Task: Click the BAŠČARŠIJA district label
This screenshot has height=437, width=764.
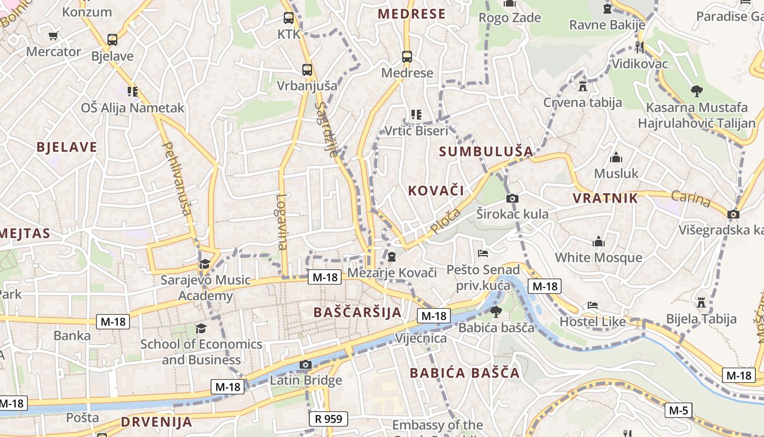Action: tap(357, 312)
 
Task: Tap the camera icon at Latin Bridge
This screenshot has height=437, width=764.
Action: tap(306, 365)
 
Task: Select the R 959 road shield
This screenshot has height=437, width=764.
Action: tap(329, 419)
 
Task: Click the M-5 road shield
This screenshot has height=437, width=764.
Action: tap(678, 410)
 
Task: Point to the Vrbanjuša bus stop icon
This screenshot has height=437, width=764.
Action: tap(307, 70)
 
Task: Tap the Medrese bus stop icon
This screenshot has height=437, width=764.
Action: tap(407, 57)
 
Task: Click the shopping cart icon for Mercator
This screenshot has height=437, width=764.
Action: tap(53, 36)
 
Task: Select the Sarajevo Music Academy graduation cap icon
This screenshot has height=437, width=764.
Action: tap(205, 264)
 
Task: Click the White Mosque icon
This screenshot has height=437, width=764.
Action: tap(599, 241)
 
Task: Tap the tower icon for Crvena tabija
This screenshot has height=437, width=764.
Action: tap(582, 86)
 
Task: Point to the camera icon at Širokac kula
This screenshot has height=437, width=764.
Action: tap(512, 198)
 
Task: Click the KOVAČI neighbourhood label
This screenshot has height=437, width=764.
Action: tap(436, 191)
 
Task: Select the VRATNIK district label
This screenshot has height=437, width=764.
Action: tap(605, 198)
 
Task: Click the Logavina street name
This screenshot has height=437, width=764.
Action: tap(282, 222)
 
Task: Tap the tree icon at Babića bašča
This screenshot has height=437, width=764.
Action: tap(496, 312)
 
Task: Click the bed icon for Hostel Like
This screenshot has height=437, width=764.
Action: tap(593, 305)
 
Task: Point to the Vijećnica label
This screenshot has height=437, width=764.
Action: tap(421, 338)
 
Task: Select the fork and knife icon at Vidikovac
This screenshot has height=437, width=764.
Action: tap(640, 48)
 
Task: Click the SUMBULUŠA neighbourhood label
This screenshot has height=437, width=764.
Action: tap(486, 152)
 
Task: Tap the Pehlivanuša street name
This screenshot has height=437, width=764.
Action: tap(178, 178)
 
